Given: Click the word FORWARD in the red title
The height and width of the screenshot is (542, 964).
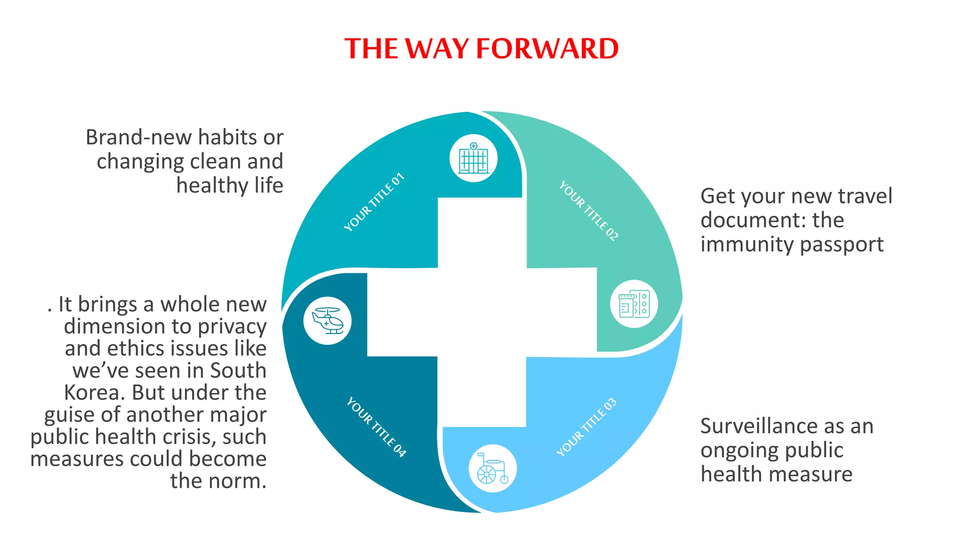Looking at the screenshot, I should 547,48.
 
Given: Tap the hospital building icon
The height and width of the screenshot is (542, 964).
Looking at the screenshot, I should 474,159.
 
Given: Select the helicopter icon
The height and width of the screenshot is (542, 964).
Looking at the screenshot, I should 328,321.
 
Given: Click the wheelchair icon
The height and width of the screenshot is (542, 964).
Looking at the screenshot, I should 492,468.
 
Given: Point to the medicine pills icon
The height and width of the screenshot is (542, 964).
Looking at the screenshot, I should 634,304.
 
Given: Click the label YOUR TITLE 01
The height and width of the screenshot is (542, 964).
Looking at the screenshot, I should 374,202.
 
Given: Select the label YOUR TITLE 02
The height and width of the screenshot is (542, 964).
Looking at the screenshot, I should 588,211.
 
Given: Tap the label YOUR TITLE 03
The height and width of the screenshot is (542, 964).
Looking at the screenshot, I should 586,427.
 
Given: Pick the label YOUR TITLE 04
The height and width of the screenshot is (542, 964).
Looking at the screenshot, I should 376,427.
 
